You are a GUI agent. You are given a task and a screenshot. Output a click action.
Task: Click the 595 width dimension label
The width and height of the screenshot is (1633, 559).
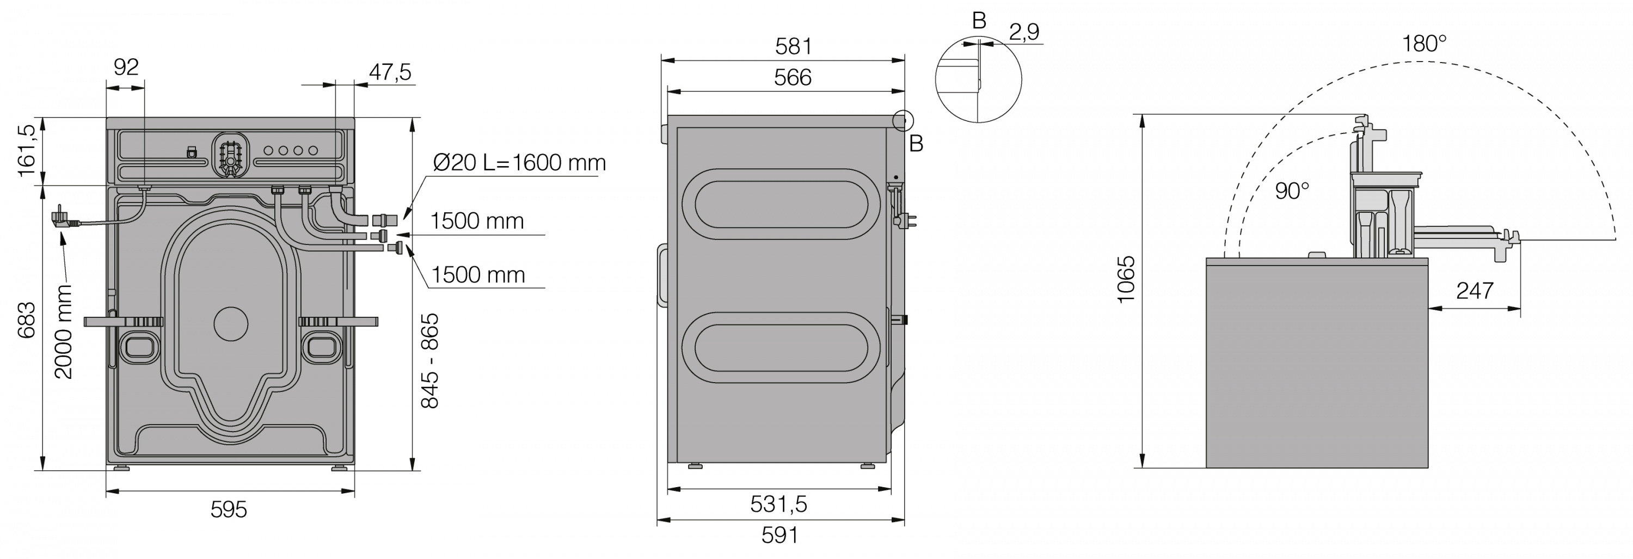(x=228, y=509)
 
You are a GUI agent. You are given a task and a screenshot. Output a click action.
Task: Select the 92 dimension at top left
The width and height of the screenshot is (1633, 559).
(x=126, y=67)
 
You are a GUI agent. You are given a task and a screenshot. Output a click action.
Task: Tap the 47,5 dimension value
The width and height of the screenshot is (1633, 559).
(x=390, y=72)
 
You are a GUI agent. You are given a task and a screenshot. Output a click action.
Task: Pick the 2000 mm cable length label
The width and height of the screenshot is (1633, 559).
(x=63, y=331)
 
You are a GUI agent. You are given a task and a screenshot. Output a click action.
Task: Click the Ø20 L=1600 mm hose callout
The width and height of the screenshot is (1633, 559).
(x=519, y=163)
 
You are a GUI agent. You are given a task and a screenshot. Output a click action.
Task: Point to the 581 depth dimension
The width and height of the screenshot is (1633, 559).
(x=793, y=46)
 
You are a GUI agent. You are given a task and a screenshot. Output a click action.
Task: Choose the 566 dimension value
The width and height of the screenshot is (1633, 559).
(x=793, y=77)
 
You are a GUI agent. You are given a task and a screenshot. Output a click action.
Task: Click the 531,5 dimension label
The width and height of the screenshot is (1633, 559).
(x=778, y=505)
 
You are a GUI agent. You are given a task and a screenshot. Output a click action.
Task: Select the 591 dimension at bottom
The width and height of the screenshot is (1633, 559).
(x=779, y=536)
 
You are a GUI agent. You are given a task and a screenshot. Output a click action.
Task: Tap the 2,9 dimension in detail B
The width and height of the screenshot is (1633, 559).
(x=1024, y=32)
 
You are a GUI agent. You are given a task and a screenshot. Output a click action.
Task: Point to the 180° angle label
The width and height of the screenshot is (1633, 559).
(x=1424, y=44)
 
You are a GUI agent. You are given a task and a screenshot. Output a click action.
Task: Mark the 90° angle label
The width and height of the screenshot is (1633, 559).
(x=1292, y=191)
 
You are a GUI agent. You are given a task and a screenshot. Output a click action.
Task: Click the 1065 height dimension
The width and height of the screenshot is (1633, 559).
(x=1126, y=280)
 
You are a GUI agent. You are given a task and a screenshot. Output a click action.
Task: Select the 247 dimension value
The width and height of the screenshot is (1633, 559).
(x=1475, y=291)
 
